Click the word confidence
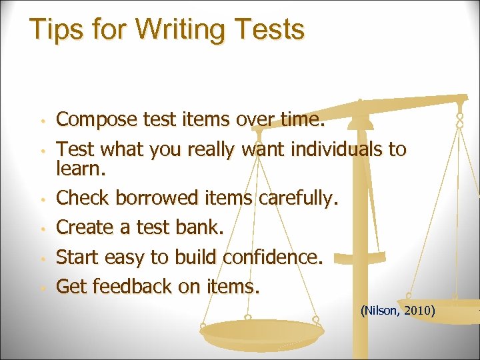(x=273, y=257)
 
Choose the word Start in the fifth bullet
(x=75, y=257)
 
